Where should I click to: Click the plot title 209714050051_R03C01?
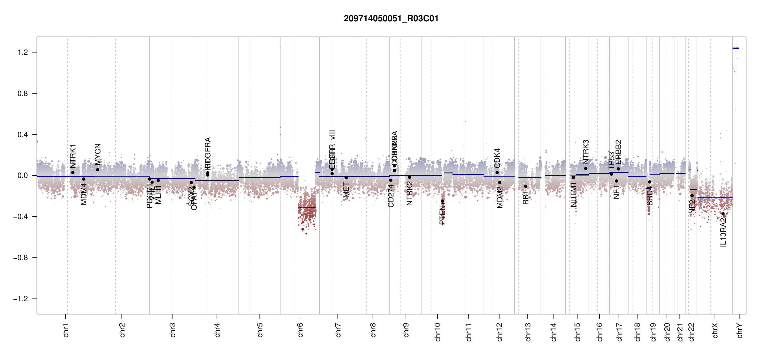coord(391,19)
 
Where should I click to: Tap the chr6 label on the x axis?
coord(300,330)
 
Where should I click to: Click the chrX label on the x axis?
coord(715,330)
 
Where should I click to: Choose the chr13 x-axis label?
coord(528,332)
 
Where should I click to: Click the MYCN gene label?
coord(98,154)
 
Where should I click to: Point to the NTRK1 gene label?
coord(73,156)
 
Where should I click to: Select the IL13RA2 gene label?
coord(723,232)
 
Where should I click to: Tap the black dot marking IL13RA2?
coord(723,214)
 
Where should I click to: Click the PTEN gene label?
coord(442,215)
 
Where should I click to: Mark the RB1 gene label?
coord(526,197)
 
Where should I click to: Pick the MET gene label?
coord(346,190)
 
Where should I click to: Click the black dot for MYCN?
coord(97,170)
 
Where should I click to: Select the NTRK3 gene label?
coord(586,152)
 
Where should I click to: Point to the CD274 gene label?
coord(391,196)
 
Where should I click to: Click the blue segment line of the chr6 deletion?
coord(307,207)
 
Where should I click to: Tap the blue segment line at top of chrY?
coord(736,48)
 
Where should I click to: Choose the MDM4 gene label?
coord(84,194)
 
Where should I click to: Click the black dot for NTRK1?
coord(73,172)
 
